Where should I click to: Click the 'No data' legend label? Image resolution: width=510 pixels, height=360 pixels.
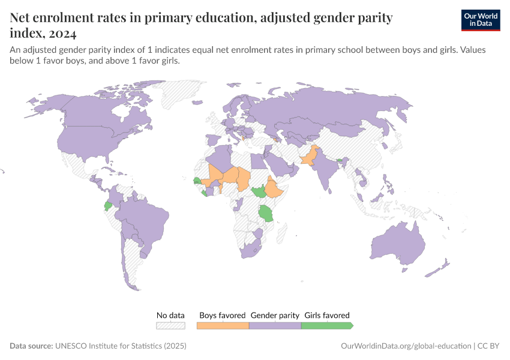[x=170, y=315]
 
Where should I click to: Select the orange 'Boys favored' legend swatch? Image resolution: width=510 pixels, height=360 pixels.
[x=223, y=326]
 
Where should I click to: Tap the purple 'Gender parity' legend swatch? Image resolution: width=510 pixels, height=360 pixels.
[x=274, y=326]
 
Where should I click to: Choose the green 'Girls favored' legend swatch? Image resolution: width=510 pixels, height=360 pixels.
[x=326, y=326]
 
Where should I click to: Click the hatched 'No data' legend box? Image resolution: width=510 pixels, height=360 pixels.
[x=170, y=326]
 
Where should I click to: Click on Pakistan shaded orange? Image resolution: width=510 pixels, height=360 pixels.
[x=307, y=159]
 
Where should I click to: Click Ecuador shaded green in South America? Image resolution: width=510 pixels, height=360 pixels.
[x=108, y=205]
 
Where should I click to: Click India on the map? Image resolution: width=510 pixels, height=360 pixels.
[x=326, y=171]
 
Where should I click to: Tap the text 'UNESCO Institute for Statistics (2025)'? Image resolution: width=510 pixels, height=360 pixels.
[x=121, y=346]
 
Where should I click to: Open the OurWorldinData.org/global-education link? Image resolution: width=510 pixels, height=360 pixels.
[x=406, y=346]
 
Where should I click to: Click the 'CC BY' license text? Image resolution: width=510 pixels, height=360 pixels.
[x=489, y=346]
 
